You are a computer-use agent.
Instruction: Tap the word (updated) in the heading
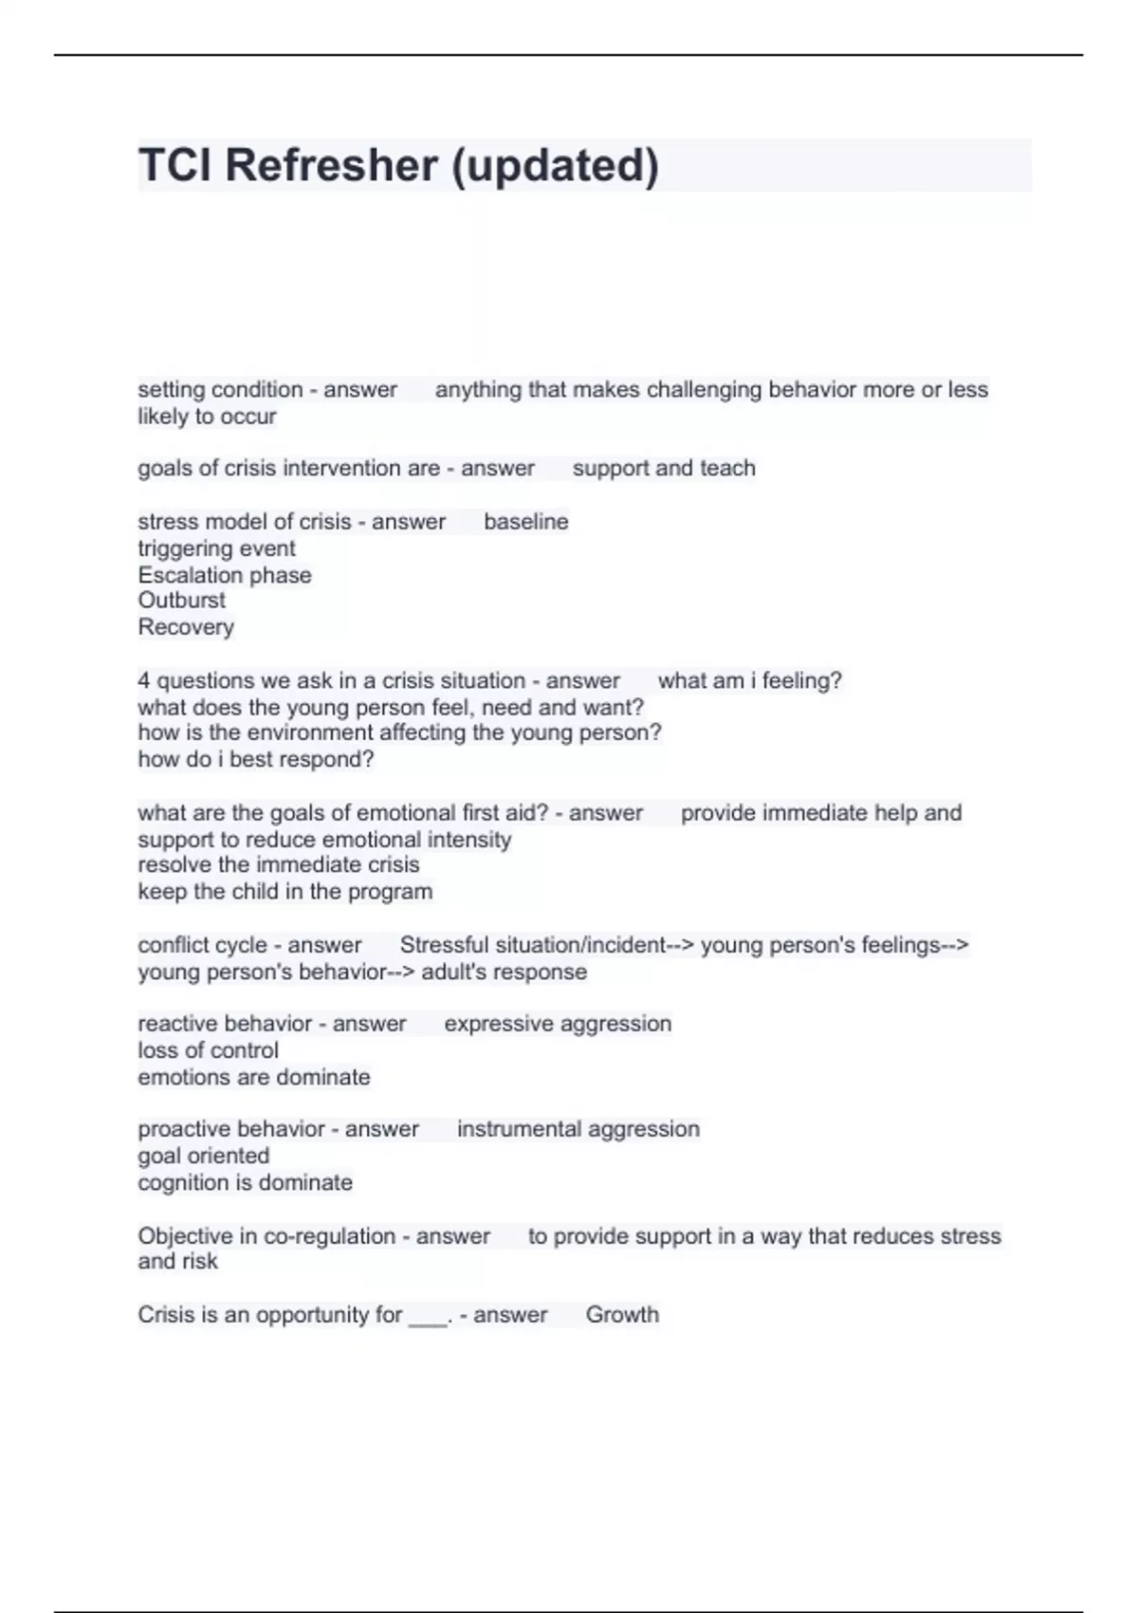tap(555, 165)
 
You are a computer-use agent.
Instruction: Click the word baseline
tap(526, 522)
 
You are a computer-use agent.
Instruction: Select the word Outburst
tap(181, 601)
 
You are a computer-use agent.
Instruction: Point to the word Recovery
tap(186, 627)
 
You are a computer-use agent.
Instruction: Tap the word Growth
tap(622, 1315)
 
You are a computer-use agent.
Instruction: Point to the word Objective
tap(186, 1236)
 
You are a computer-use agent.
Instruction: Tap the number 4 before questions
tap(144, 681)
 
